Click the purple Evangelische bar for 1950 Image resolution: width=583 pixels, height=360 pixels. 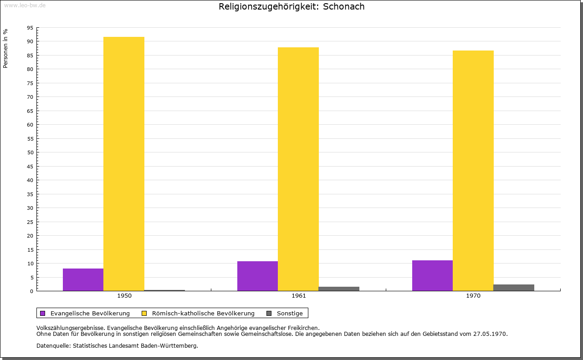tap(83, 279)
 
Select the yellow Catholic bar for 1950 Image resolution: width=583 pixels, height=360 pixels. tap(124, 164)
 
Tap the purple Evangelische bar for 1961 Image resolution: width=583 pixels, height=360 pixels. tap(257, 276)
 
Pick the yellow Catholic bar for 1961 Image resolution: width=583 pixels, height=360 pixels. tap(298, 169)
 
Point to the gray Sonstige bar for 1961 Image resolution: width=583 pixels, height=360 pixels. tap(339, 289)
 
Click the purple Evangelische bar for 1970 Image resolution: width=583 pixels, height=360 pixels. tap(432, 275)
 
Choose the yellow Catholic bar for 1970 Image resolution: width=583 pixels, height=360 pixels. tap(473, 171)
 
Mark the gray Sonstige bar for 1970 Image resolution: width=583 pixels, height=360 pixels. tap(514, 288)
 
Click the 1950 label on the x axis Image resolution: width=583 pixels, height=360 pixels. tap(124, 296)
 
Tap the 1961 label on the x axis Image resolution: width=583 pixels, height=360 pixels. tap(299, 296)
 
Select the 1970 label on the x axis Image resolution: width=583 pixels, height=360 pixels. tap(473, 296)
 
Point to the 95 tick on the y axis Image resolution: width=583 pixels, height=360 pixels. tap(30, 28)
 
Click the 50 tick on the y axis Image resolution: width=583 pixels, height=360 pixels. tap(30, 152)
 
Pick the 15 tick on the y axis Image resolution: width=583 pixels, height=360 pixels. tap(30, 249)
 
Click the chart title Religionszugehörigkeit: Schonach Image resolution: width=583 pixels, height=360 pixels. tap(291, 7)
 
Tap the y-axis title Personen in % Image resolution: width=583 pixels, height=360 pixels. tap(5, 48)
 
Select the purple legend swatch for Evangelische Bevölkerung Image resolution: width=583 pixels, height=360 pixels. tap(43, 313)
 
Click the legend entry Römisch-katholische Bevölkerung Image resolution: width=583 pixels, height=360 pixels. tap(203, 313)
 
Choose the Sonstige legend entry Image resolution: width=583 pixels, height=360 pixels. tap(290, 313)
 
